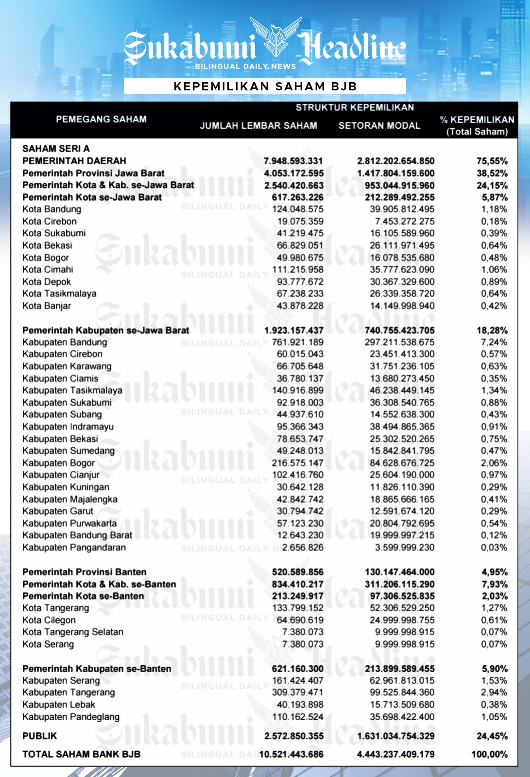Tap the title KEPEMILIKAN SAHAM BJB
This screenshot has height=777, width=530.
pyautogui.click(x=265, y=86)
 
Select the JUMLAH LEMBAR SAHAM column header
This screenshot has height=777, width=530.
pyautogui.click(x=258, y=125)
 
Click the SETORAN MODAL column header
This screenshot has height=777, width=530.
pyautogui.click(x=379, y=125)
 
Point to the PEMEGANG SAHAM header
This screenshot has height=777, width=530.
pyautogui.click(x=101, y=119)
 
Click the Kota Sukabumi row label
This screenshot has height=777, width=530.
pyautogui.click(x=54, y=233)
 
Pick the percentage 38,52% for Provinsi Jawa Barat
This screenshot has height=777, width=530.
pyautogui.click(x=492, y=173)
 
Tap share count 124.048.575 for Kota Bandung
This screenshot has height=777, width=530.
pyautogui.click(x=297, y=209)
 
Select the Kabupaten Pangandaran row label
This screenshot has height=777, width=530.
pyautogui.click(x=74, y=548)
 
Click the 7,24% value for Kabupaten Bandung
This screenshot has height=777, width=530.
pyautogui.click(x=494, y=342)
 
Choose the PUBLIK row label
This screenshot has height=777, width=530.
pyautogui.click(x=40, y=736)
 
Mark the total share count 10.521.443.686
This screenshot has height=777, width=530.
pyautogui.click(x=291, y=755)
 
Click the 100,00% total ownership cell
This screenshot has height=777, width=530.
pyautogui.click(x=489, y=755)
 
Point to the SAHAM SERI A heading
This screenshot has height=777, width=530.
pyautogui.click(x=56, y=149)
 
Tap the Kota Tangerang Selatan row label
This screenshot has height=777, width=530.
pyautogui.click(x=73, y=632)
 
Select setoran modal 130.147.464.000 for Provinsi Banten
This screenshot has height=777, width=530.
pyautogui.click(x=399, y=572)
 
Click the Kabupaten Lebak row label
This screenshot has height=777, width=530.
pyautogui.click(x=59, y=705)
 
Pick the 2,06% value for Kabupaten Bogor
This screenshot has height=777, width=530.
pyautogui.click(x=494, y=463)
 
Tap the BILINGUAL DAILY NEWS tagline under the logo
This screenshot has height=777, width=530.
pyautogui.click(x=245, y=67)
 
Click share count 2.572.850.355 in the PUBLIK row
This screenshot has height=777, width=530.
pyautogui.click(x=294, y=736)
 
